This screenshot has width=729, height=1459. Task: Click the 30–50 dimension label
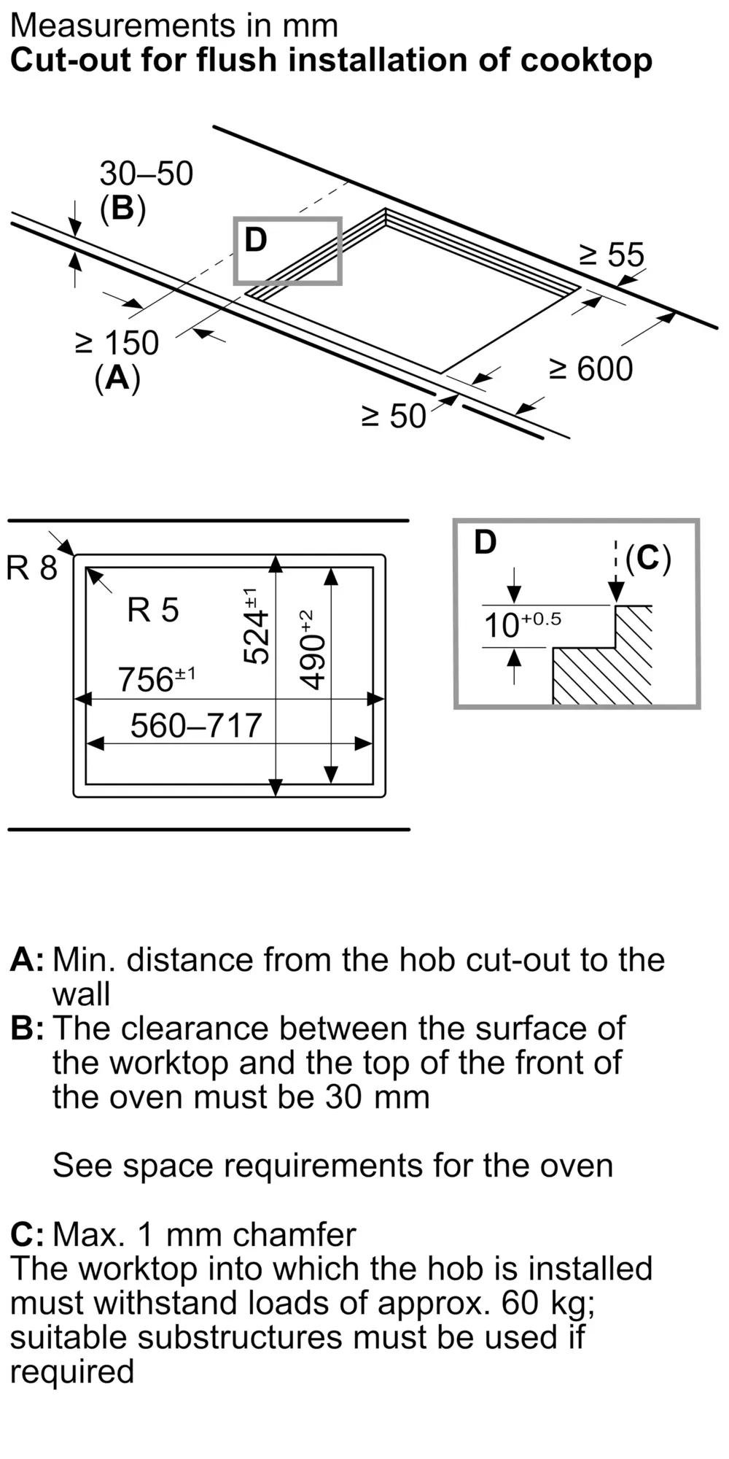click(147, 174)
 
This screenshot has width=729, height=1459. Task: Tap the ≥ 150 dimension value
click(117, 343)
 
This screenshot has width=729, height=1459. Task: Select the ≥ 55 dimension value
click(612, 255)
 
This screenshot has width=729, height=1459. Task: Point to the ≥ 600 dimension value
click(591, 368)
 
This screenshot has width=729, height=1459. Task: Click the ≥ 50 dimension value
click(394, 416)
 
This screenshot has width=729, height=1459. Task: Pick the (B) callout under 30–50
click(122, 209)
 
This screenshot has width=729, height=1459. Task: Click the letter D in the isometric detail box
click(256, 239)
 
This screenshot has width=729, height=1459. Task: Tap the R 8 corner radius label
click(31, 568)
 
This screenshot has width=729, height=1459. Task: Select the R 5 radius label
click(153, 610)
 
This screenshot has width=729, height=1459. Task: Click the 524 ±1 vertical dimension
click(254, 625)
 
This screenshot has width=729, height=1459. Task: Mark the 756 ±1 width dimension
click(157, 678)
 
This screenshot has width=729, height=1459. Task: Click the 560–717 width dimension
click(196, 725)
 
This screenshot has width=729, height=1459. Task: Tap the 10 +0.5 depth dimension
click(523, 624)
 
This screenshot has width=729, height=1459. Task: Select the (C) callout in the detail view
click(648, 559)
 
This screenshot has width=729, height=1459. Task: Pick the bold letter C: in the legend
click(27, 1234)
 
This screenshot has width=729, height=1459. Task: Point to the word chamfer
click(295, 1234)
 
